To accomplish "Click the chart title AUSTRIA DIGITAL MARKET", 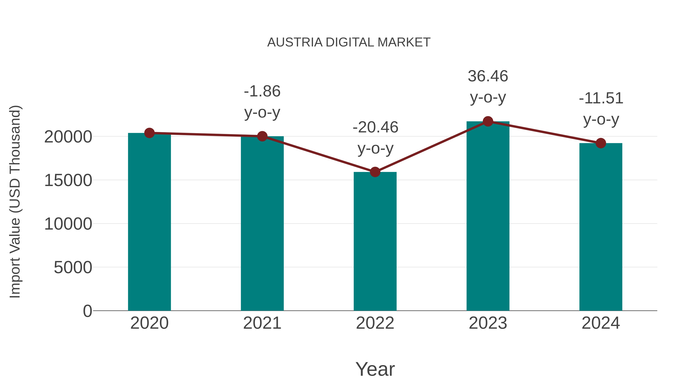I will (349, 42).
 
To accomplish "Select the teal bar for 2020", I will (149, 222).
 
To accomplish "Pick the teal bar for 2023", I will (488, 216).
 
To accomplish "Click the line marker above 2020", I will (149, 133).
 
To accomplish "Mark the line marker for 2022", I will (375, 172).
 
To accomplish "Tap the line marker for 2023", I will (488, 121).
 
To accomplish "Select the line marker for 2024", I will (601, 143).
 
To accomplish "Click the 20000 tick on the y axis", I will (68, 137).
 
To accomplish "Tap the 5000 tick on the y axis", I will (73, 268).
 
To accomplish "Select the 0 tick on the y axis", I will (87, 311).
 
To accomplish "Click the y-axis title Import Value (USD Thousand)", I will (15, 202).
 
